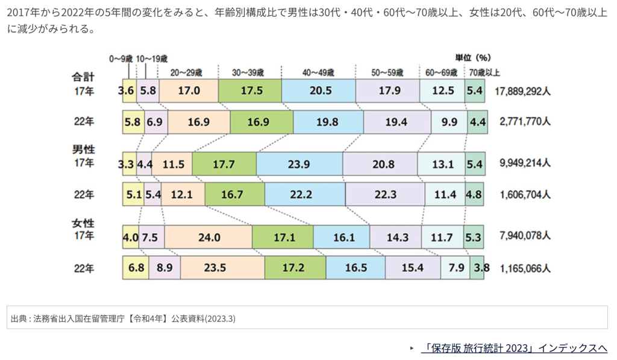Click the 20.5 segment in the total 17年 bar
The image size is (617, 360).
coord(318,91)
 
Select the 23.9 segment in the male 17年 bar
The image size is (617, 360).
coord(299,163)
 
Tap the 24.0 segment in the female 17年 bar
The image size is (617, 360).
coord(208,238)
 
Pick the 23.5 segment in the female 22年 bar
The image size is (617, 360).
coord(222,267)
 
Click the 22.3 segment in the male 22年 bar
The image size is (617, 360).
coord(385,195)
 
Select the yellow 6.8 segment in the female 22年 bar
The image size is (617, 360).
coord(137,267)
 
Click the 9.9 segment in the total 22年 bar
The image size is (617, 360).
coord(448,122)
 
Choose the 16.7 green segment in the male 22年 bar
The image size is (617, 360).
coord(234,195)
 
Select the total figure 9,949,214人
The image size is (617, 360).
coord(525,163)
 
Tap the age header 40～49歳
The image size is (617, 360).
coord(318,72)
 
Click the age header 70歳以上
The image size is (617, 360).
coord(484,72)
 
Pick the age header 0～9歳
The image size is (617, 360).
coord(121,58)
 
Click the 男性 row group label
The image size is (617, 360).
coord(84,149)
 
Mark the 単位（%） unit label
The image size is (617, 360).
coord(473,58)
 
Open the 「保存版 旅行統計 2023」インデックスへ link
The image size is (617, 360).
coord(514,348)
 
